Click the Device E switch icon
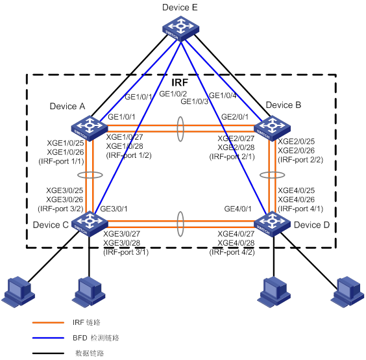(180, 29)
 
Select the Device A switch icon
(90, 128)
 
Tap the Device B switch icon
(272, 128)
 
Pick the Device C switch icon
(90, 224)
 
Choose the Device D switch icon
(272, 224)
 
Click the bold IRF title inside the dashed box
(180, 83)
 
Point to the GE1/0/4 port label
(223, 96)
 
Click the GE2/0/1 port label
(235, 117)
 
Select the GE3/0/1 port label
(114, 209)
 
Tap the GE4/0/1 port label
(238, 209)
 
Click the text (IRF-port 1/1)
(61, 162)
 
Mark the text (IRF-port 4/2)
(232, 252)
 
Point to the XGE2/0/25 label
(296, 142)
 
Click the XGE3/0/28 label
(121, 243)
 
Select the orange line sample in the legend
(48, 322)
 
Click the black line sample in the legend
(48, 354)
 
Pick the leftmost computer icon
(18, 292)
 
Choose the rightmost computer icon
(348, 292)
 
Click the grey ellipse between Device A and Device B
(177, 129)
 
